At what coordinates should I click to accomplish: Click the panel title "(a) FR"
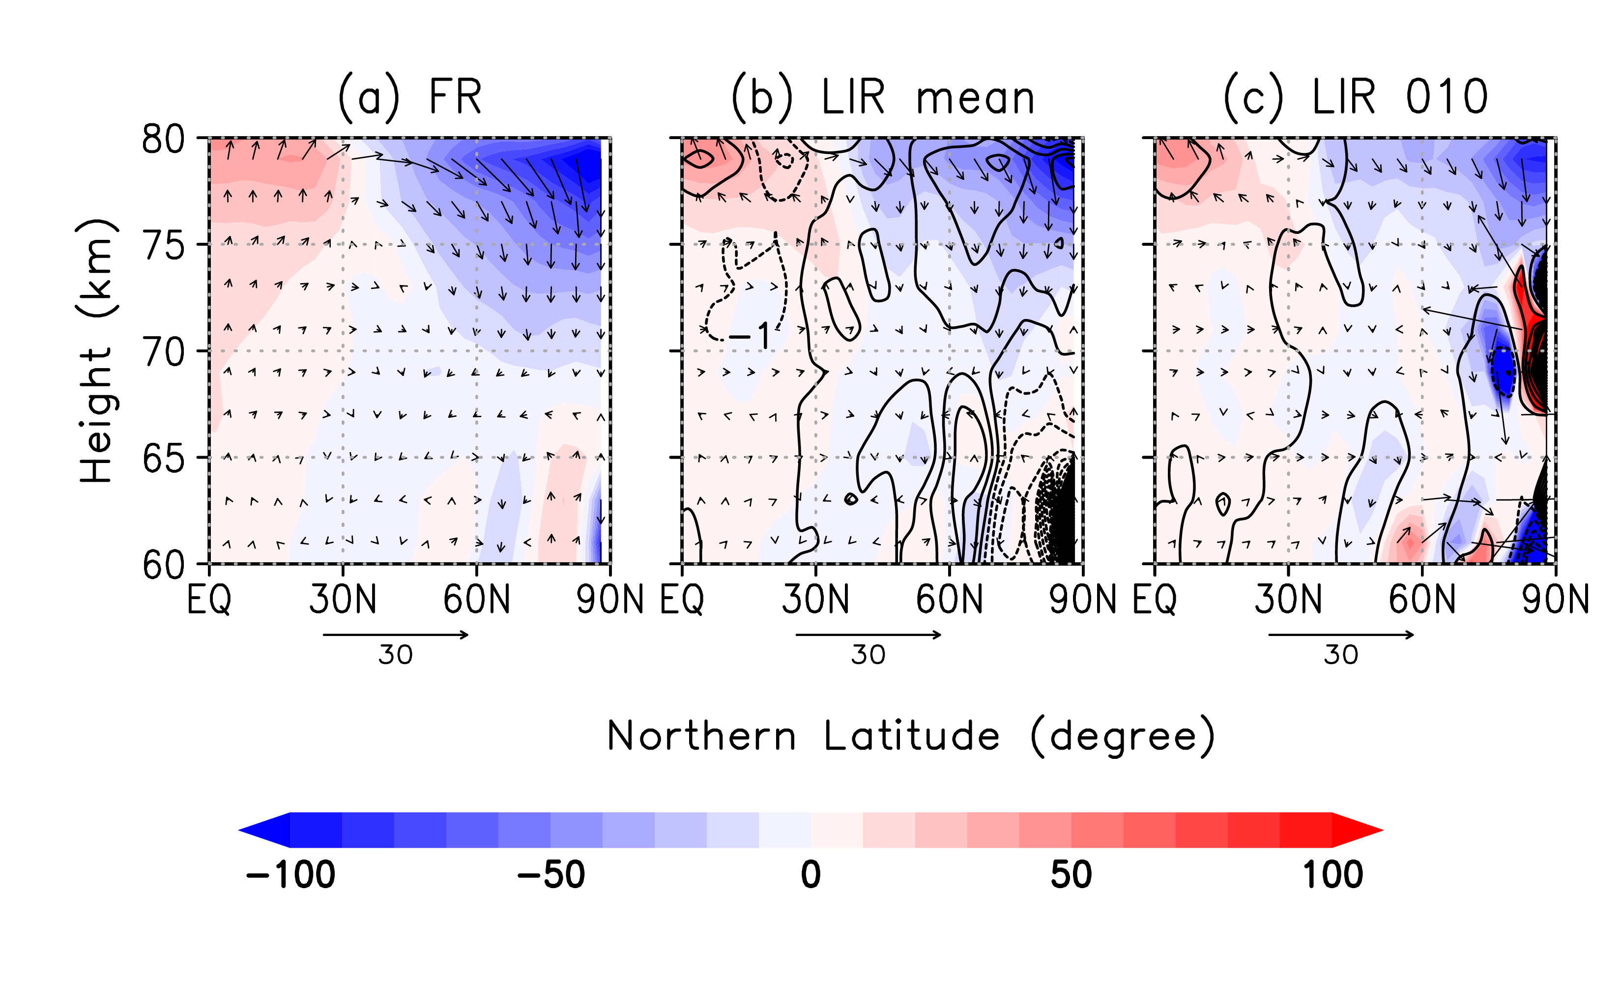(x=409, y=97)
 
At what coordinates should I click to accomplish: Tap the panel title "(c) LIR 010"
(x=1356, y=97)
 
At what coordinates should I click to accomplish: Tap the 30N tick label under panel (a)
(x=342, y=600)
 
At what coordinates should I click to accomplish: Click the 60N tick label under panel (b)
(x=949, y=600)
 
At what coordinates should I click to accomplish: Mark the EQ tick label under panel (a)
(x=209, y=600)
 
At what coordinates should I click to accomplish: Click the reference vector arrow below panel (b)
(x=869, y=635)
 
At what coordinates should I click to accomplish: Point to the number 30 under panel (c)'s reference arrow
(x=1341, y=655)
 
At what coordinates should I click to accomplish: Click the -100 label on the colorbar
(x=290, y=875)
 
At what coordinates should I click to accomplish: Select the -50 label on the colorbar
(x=551, y=875)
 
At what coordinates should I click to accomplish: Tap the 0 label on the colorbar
(x=811, y=875)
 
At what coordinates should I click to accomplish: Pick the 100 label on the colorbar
(x=1333, y=875)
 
